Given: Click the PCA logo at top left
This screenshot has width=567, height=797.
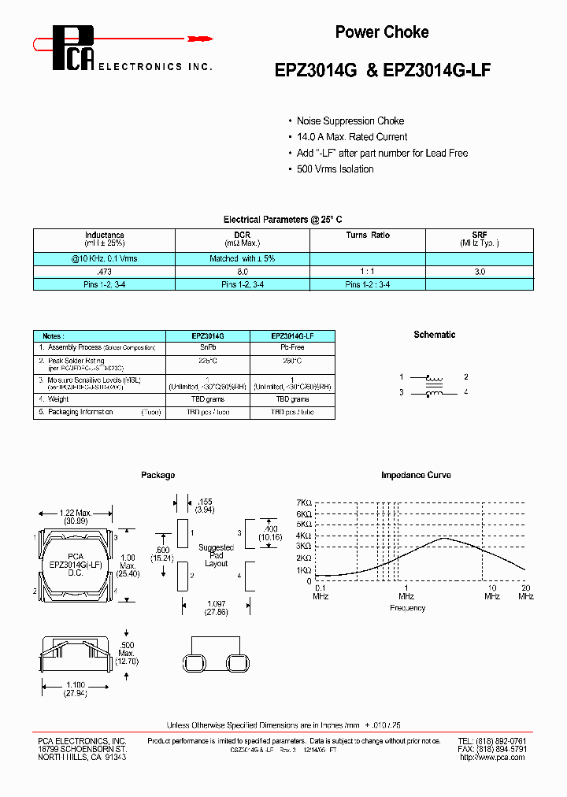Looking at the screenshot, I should [x=72, y=46].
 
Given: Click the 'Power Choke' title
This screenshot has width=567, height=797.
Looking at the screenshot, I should [x=382, y=32].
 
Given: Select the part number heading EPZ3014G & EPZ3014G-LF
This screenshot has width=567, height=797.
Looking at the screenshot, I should [x=383, y=69].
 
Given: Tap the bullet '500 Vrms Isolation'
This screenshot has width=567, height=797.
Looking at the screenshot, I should [x=335, y=169].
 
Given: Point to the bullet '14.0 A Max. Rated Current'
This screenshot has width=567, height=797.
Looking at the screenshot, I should [x=352, y=137].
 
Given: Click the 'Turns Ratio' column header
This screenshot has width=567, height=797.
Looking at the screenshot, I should [x=368, y=235].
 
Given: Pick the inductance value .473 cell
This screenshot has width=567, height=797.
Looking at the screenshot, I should [x=103, y=271].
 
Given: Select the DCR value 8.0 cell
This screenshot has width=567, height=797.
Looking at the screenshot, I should [x=243, y=271].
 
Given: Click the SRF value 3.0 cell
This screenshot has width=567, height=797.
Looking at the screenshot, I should [x=480, y=271].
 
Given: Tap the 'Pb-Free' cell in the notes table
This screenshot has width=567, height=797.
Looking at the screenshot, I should [x=293, y=347].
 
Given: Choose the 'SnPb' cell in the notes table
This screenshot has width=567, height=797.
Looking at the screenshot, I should [x=209, y=347].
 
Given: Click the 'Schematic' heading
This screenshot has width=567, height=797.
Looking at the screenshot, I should [x=435, y=335].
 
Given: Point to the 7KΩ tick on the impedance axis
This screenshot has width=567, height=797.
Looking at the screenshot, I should [x=304, y=502].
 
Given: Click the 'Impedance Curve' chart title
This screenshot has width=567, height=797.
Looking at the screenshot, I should [x=415, y=476].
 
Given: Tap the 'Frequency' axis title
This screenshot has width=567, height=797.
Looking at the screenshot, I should [x=408, y=608].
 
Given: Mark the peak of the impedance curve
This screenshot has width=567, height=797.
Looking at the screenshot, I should [x=445, y=538].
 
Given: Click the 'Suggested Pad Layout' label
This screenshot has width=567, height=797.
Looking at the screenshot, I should [x=216, y=555].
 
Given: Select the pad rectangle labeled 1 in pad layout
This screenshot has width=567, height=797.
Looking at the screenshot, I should [x=182, y=533].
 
